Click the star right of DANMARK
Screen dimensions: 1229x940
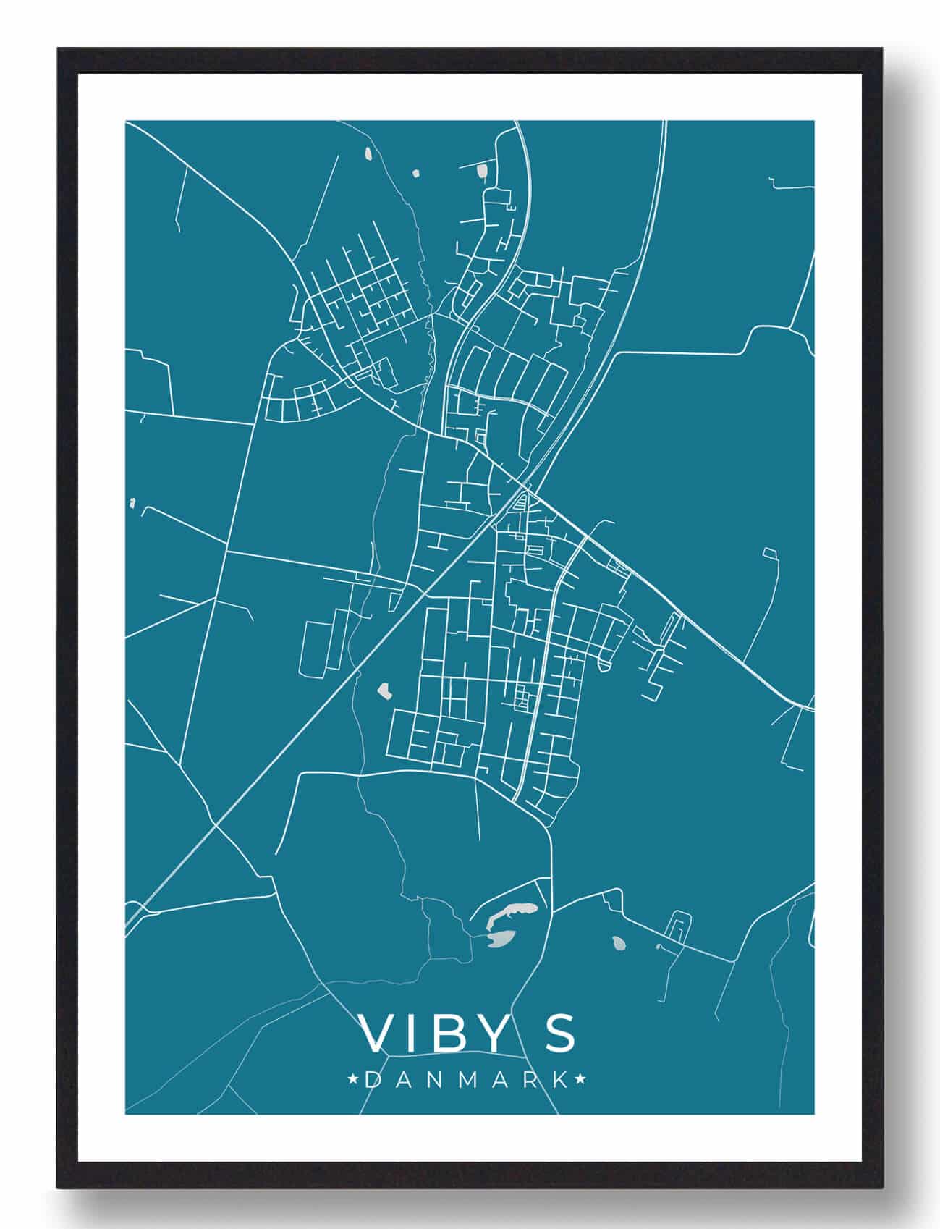point(580,1081)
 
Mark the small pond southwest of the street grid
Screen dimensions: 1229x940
point(384,690)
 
